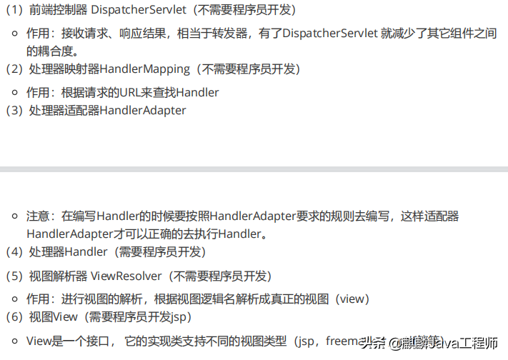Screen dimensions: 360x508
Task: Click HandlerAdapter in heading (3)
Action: coord(143,111)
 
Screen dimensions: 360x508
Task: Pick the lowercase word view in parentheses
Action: coord(352,299)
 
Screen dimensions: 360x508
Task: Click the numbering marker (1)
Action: coord(14,11)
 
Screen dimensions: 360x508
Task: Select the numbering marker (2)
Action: coord(14,69)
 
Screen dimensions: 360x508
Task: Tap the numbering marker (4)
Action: coord(14,252)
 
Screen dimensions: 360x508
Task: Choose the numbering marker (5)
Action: coord(14,275)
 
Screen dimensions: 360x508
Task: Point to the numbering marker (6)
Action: coord(14,316)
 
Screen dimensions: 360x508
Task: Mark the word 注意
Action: coord(39,216)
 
